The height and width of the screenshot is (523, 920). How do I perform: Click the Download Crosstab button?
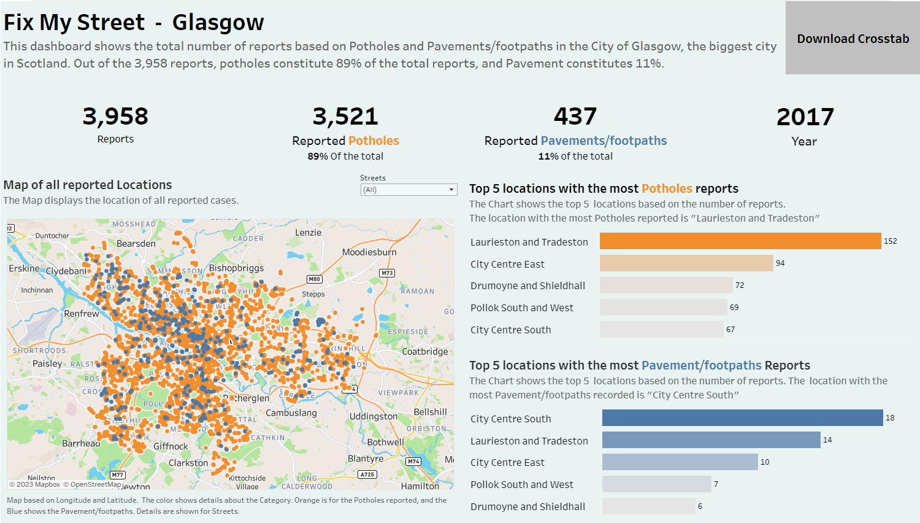pyautogui.click(x=853, y=38)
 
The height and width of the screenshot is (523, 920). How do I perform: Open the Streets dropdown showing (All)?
pyautogui.click(x=408, y=190)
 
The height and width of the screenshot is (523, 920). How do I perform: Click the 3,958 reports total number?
pyautogui.click(x=115, y=116)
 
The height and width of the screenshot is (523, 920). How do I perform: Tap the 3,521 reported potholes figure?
pyautogui.click(x=345, y=116)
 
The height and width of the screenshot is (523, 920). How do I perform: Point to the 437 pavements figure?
pyautogui.click(x=575, y=116)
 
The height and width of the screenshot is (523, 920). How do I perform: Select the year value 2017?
pyautogui.click(x=805, y=117)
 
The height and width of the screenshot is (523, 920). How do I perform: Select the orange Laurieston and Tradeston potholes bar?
pyautogui.click(x=740, y=241)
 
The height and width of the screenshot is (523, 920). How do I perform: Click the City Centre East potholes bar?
pyautogui.click(x=686, y=263)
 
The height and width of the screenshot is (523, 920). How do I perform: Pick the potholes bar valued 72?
pyautogui.click(x=665, y=285)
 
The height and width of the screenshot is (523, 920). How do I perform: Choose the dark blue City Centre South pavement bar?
pyautogui.click(x=742, y=418)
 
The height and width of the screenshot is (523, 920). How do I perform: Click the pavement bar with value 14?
pyautogui.click(x=711, y=440)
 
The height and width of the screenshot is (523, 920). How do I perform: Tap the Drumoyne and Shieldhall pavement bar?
pyautogui.click(x=648, y=506)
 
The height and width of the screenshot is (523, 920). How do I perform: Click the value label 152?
pyautogui.click(x=890, y=241)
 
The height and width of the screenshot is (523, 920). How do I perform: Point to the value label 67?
pyautogui.click(x=730, y=330)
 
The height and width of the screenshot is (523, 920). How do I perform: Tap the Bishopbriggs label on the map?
pyautogui.click(x=236, y=268)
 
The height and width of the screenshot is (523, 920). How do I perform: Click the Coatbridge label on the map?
pyautogui.click(x=424, y=352)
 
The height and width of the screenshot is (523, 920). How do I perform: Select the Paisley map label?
pyautogui.click(x=47, y=363)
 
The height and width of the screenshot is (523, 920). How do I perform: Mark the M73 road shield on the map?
pyautogui.click(x=386, y=273)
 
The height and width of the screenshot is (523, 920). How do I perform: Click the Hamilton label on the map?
pyautogui.click(x=420, y=486)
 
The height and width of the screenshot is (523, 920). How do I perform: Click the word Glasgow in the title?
pyautogui.click(x=218, y=22)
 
